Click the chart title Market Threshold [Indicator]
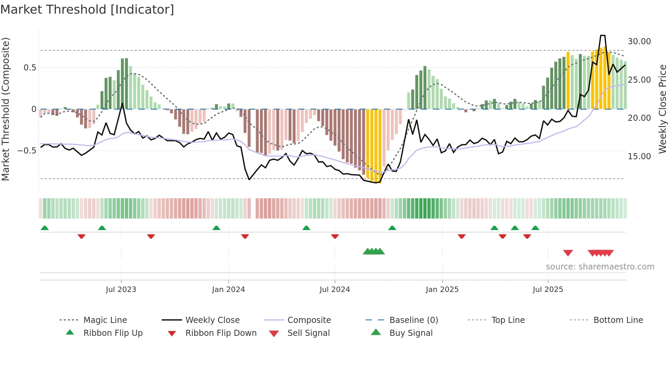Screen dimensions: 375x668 [87, 10]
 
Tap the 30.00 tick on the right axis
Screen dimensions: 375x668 [639, 42]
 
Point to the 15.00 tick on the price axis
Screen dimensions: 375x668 [639, 157]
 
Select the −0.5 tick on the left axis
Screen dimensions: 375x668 [27, 151]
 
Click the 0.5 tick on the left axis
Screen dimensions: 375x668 [30, 68]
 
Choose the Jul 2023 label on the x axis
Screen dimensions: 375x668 [121, 290]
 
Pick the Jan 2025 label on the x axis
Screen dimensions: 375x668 [442, 290]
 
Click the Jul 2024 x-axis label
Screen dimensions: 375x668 [335, 290]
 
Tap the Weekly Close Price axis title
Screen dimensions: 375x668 [662, 109]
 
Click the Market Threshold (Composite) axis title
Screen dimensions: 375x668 [5, 109]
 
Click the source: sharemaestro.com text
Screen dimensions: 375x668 [600, 267]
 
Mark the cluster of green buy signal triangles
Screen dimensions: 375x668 [374, 251]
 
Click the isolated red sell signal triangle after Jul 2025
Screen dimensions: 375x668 [568, 253]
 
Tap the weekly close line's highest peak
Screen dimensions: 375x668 [603, 35]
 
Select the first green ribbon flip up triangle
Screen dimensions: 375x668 [45, 228]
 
